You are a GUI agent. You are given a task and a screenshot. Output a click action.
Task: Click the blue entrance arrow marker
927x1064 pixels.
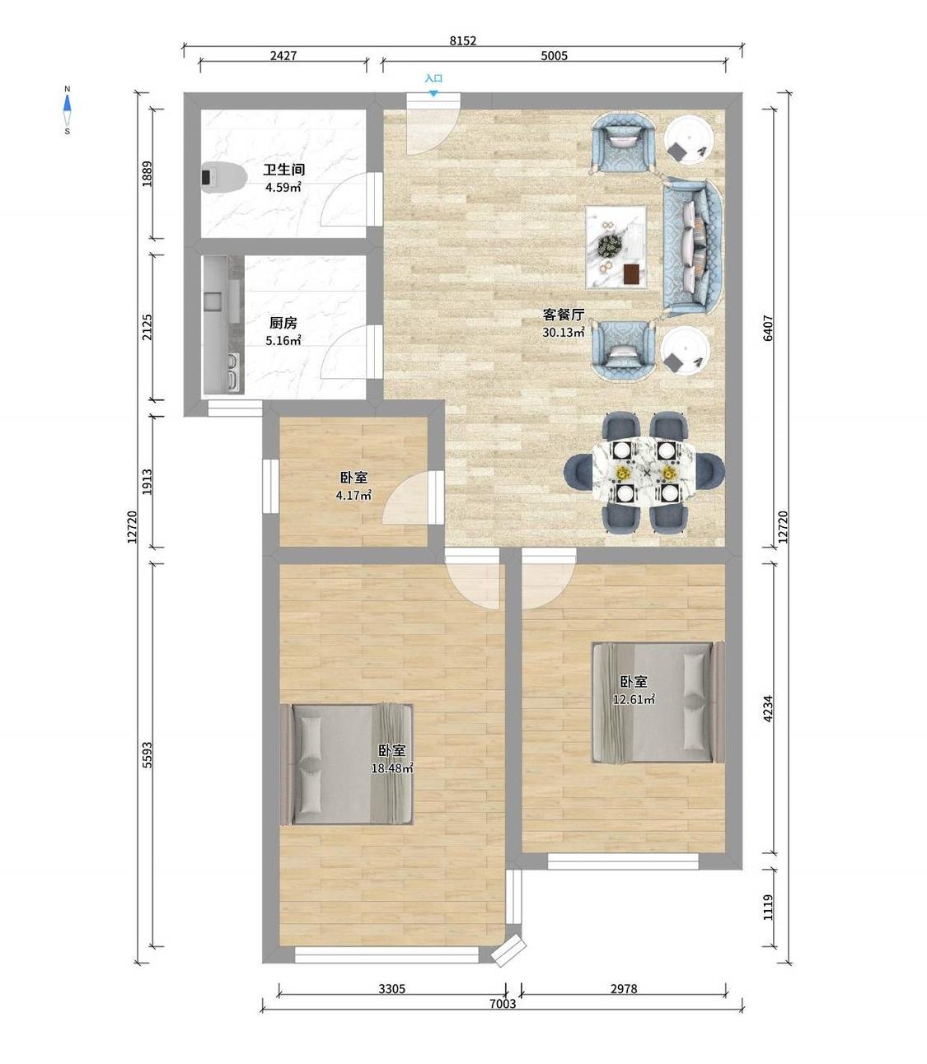point(433,94)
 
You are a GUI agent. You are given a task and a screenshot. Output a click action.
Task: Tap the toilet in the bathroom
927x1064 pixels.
point(223,177)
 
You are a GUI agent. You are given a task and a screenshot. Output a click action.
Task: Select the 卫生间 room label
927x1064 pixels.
point(283,170)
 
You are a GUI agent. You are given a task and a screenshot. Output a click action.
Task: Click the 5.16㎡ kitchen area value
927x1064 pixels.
point(283,341)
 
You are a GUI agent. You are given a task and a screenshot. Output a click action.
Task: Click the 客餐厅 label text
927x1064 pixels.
point(564,315)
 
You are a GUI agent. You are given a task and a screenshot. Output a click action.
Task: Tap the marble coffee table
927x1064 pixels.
point(616,247)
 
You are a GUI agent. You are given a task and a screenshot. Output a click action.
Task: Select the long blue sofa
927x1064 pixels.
point(692,246)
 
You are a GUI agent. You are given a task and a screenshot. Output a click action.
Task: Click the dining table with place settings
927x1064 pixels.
point(644,471)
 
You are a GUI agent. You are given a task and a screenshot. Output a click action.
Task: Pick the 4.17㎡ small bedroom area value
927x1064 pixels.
point(353,495)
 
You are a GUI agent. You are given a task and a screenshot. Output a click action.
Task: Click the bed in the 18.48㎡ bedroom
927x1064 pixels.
point(346,764)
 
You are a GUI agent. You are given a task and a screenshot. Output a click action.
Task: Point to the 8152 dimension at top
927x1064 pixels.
point(463,40)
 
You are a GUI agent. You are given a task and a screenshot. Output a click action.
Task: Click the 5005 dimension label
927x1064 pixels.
point(554,56)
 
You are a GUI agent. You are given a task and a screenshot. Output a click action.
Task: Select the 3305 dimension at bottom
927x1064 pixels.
point(391,988)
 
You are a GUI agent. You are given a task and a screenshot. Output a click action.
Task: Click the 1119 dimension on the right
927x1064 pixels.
point(768,908)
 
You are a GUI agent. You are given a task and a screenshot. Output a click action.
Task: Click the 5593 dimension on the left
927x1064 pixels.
point(147,755)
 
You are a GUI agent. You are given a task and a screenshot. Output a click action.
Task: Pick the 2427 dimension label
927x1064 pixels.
point(283,56)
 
